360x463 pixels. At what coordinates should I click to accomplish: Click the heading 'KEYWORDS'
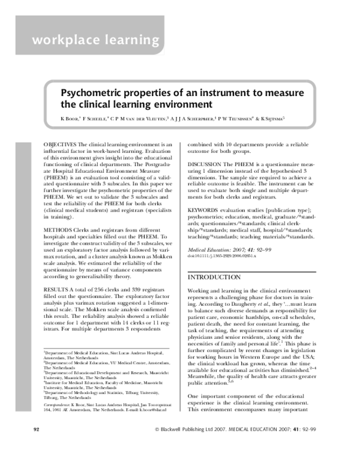pyautogui.click(x=207, y=211)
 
